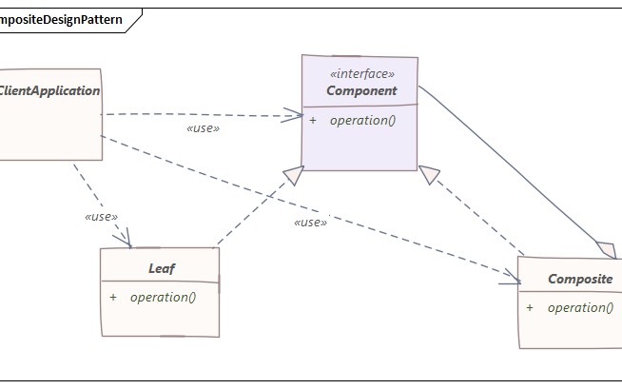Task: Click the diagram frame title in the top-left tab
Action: (59, 20)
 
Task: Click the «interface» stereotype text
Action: (360, 74)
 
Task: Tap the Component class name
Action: (360, 91)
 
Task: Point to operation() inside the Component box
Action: (361, 121)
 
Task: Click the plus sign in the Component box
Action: (313, 121)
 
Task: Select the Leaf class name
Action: (162, 269)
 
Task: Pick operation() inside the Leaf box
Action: (163, 297)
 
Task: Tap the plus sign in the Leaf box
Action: (113, 297)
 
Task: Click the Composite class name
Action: (580, 280)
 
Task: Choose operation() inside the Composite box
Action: (580, 307)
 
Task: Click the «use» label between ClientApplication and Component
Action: (204, 128)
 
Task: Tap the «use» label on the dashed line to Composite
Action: (310, 223)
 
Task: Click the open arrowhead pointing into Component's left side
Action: (294, 117)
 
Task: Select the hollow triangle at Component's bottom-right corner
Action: (430, 175)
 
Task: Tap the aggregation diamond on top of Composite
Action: (604, 249)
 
